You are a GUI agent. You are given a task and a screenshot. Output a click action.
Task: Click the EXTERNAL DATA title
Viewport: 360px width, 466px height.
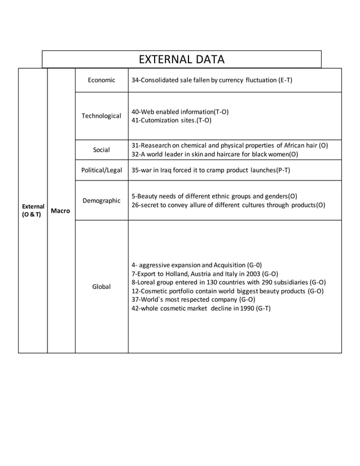181,59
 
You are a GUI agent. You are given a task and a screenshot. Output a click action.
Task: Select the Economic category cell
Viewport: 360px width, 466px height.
102,81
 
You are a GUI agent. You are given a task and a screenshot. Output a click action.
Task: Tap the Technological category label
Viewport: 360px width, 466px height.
102,116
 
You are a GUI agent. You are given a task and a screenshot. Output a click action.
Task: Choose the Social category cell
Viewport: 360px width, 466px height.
102,150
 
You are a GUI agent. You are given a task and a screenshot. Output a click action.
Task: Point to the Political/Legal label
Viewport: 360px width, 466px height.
102,170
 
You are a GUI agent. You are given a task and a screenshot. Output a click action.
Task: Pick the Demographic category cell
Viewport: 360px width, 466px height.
102,200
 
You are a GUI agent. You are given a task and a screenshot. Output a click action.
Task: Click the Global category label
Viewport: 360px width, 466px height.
102,287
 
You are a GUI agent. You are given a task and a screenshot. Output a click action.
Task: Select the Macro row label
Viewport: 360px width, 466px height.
61,211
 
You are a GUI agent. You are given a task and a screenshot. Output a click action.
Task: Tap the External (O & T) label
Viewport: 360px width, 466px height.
33,210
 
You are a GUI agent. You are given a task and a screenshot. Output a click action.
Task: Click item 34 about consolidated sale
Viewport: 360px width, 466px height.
212,81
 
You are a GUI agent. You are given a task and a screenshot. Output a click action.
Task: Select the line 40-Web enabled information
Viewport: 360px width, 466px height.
180,112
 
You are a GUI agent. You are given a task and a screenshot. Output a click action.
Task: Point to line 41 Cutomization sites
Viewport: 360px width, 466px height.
172,120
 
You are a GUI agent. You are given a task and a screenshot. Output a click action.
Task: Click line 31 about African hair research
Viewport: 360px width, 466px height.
229,146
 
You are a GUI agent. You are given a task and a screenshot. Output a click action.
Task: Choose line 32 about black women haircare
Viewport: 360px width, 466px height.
214,154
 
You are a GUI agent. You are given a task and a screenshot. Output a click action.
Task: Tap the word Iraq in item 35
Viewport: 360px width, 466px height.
169,170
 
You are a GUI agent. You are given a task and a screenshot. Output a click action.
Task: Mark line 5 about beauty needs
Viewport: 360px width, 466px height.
214,196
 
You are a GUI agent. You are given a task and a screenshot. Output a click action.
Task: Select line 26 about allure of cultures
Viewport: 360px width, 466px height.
228,205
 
